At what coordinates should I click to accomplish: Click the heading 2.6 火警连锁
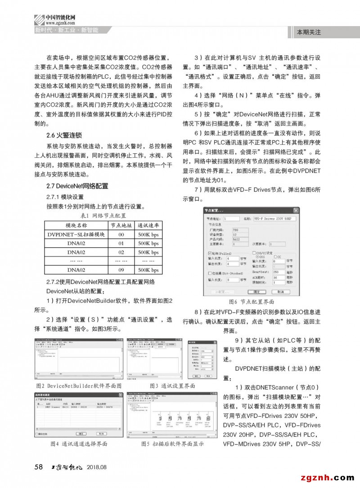click(65, 135)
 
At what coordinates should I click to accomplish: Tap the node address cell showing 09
click(121, 270)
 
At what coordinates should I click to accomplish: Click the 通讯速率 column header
click(148, 225)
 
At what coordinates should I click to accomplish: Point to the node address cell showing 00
click(121, 234)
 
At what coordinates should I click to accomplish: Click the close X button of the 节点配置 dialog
click(296, 210)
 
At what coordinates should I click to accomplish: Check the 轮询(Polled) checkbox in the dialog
click(209, 253)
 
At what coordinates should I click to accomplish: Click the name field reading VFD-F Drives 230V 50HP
click(274, 218)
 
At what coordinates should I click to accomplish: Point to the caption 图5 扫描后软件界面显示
click(172, 443)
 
